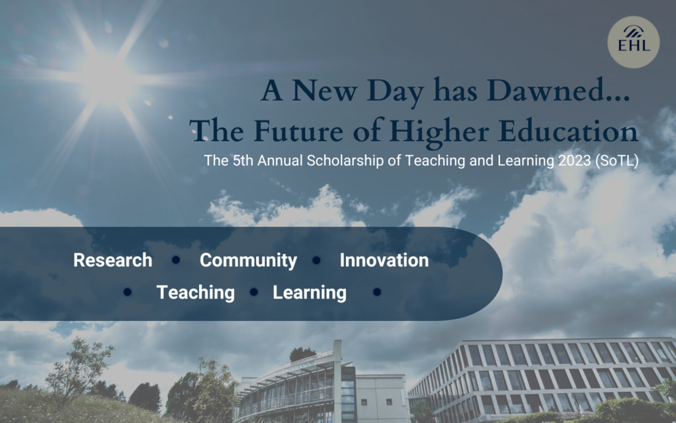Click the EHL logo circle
(x=633, y=42)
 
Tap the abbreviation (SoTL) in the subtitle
(x=616, y=160)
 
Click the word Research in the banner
(x=113, y=260)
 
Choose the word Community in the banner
(x=249, y=260)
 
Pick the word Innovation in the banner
(x=384, y=260)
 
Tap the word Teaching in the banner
(x=196, y=292)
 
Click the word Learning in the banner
(x=310, y=292)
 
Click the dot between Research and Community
(x=176, y=260)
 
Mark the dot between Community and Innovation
(x=317, y=260)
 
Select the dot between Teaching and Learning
(x=254, y=292)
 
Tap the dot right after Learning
(x=377, y=292)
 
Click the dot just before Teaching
(x=127, y=292)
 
